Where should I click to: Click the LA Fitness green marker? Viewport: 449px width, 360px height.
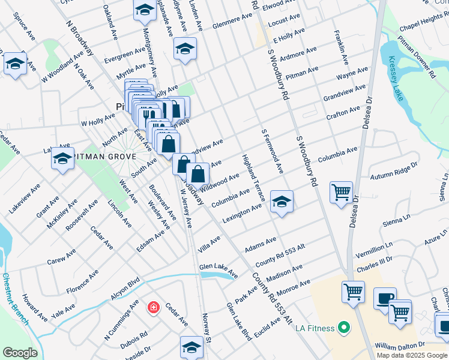click(343, 328)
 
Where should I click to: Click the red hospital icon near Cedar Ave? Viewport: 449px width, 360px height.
click(154, 307)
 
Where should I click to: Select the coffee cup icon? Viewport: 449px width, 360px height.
click(385, 298)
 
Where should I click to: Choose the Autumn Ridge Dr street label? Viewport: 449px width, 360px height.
click(394, 172)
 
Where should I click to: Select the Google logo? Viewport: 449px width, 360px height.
click(20, 353)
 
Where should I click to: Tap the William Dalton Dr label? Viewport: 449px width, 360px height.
click(400, 346)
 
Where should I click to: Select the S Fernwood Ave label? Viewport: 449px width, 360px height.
click(272, 151)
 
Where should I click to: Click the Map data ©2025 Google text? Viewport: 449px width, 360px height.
click(412, 355)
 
